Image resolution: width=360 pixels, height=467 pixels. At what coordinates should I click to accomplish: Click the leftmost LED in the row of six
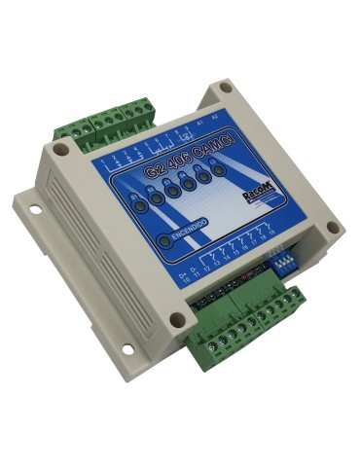142,207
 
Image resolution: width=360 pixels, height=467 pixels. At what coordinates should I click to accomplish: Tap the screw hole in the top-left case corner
62,151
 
